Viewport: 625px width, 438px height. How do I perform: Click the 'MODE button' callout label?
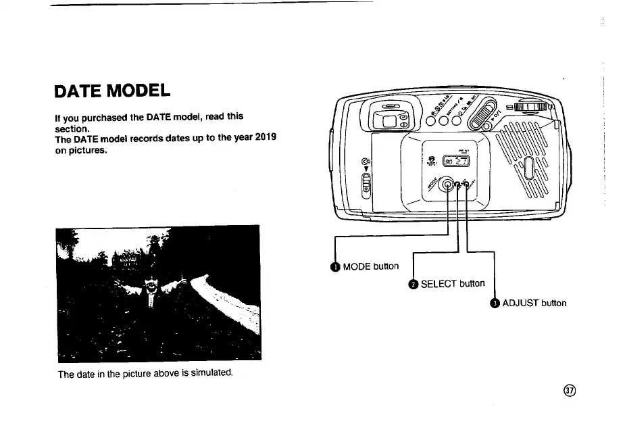point(370,266)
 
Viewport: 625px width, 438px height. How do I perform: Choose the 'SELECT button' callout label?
point(452,284)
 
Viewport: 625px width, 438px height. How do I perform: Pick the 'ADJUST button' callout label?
point(534,303)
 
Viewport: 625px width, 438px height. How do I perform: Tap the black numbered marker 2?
point(412,284)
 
